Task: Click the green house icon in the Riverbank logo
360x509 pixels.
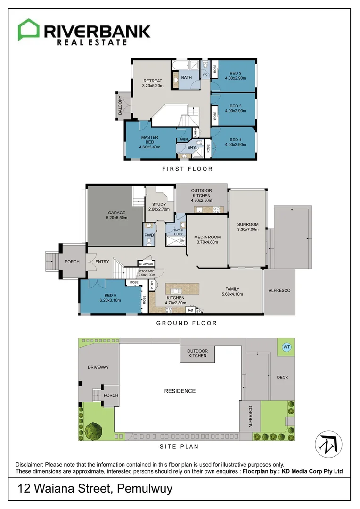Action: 29,30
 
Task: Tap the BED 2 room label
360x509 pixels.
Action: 236,73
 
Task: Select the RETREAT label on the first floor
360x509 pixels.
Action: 152,81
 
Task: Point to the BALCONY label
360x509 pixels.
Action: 120,105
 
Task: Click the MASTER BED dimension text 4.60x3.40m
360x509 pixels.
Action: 150,147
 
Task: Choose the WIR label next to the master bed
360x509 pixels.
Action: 184,140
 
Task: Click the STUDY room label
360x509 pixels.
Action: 159,205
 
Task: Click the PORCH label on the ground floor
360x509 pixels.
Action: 72,262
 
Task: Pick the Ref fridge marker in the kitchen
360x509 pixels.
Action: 190,310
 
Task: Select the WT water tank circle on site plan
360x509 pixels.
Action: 286,347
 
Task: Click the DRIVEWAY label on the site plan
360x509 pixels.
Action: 98,367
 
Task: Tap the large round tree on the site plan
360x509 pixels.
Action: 93,430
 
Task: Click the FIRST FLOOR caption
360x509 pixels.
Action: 187,169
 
